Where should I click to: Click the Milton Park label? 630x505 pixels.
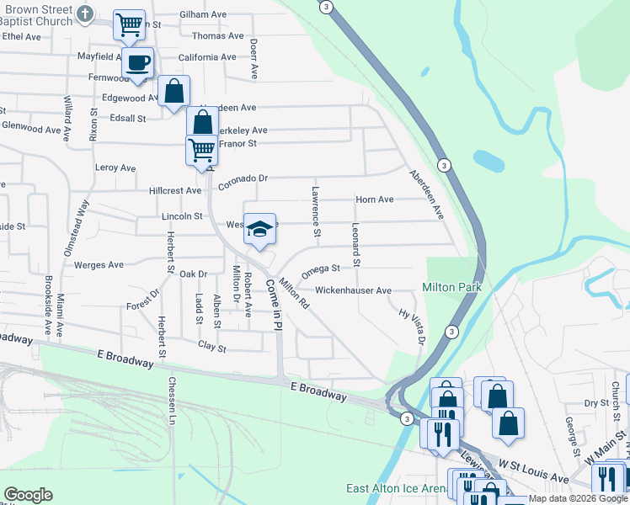point(451,287)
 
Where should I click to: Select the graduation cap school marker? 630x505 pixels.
point(260,229)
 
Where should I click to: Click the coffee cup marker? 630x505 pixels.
point(137,61)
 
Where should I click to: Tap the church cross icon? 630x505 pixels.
point(85,14)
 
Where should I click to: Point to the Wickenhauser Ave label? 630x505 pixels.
point(353,290)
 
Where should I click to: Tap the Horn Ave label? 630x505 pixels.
point(375,199)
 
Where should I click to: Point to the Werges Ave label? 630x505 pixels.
point(99,264)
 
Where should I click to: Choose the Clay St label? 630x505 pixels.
point(212,346)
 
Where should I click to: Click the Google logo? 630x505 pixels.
point(28,495)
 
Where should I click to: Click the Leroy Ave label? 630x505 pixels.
point(115,168)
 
